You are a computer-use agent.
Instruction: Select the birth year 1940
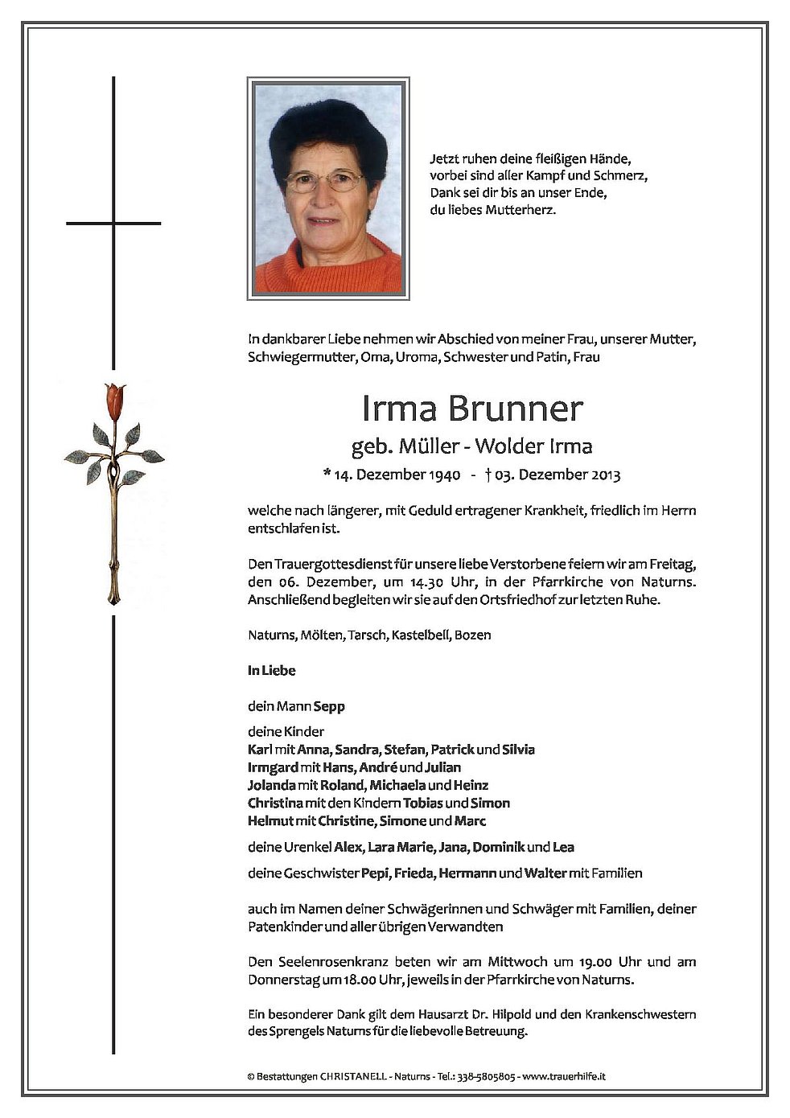coord(444,475)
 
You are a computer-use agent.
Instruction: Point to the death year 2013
coord(604,475)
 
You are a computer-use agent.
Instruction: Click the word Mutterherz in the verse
coord(523,211)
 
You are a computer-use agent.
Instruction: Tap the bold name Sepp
coord(330,706)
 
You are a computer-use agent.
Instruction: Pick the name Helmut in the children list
coord(270,820)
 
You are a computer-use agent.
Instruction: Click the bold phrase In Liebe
coord(272,670)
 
